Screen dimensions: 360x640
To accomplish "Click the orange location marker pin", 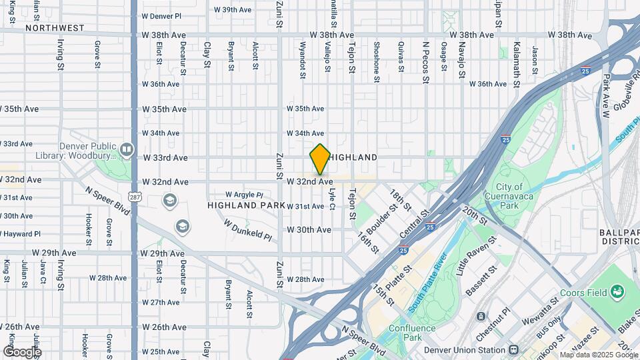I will coord(320,159).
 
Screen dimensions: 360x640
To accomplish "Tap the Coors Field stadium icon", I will coord(617,291).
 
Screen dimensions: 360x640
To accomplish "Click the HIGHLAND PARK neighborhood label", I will coord(246,205).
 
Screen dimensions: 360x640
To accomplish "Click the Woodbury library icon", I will coord(127,149).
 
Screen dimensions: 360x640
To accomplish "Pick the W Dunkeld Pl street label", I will coord(247,231).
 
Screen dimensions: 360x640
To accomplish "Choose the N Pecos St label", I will coord(425,65).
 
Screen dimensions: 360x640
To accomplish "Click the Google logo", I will coord(21,351).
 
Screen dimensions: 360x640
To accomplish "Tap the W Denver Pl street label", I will coord(161,15).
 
